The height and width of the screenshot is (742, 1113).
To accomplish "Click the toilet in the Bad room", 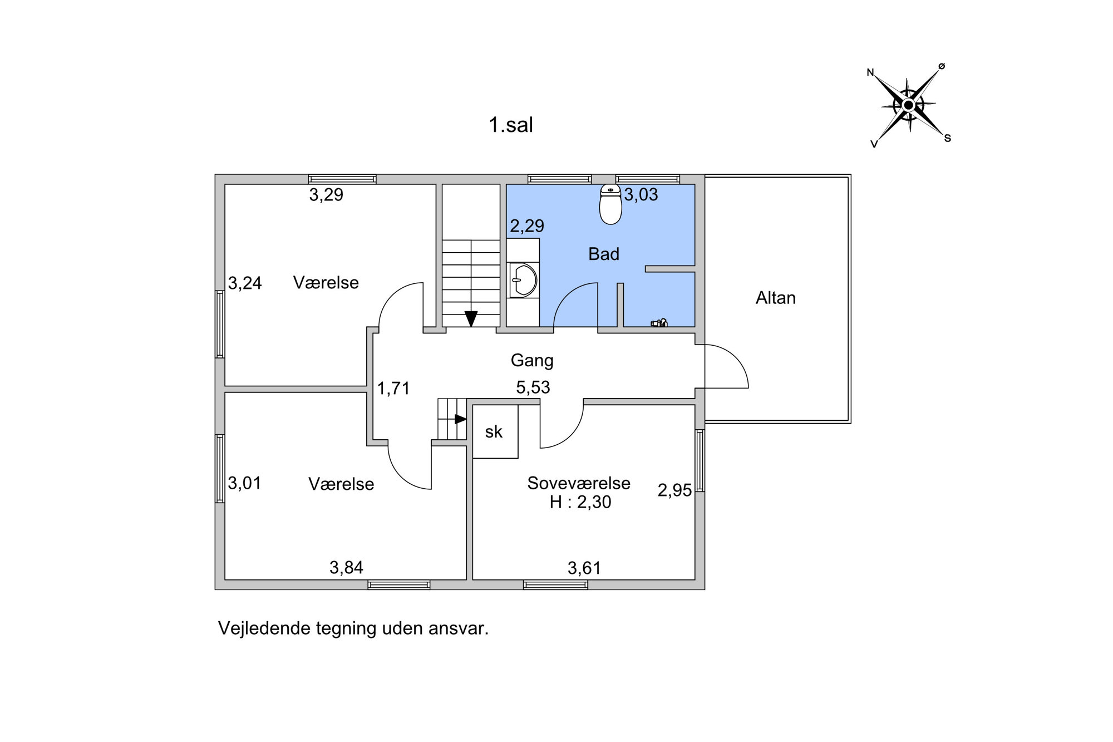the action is (610, 204).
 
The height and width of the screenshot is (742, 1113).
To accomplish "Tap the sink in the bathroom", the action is (523, 279).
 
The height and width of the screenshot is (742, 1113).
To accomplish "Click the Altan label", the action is (775, 298).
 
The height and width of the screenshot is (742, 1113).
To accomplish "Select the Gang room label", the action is (532, 361).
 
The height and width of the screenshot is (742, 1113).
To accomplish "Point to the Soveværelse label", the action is (579, 483).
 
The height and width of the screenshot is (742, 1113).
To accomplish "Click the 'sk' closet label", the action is (494, 431).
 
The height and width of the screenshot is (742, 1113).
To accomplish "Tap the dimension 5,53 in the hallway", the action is (533, 387).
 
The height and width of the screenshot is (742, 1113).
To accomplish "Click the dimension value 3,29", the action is (326, 195).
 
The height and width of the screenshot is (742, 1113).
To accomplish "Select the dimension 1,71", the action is (393, 388).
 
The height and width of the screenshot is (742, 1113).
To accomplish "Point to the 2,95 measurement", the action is (674, 490).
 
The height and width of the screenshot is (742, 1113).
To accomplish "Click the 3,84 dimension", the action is (346, 568).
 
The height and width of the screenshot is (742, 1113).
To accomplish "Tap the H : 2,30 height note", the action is (580, 502).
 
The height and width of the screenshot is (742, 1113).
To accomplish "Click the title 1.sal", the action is (511, 125).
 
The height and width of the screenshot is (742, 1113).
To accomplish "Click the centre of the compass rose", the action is (908, 105).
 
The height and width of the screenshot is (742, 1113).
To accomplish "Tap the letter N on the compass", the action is (870, 72).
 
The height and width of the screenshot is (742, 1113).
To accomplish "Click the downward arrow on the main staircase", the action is (471, 318).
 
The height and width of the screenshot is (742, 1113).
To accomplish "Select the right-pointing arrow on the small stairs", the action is (461, 419).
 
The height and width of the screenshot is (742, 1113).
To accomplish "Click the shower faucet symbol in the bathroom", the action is (659, 322).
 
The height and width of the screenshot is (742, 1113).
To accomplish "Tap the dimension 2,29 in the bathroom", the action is (527, 226).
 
